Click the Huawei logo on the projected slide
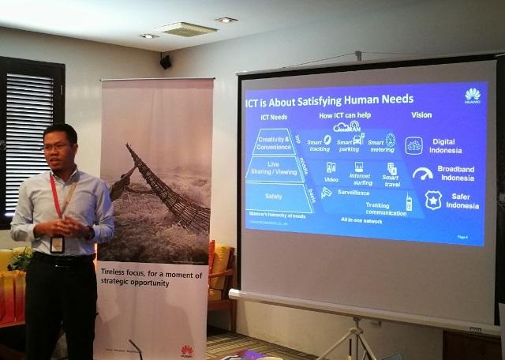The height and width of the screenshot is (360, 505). [472, 96]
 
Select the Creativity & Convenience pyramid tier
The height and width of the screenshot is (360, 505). [274, 143]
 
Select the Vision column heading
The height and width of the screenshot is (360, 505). [421, 115]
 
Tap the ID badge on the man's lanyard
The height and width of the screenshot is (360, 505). [57, 245]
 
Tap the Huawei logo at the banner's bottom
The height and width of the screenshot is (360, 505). [186, 350]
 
